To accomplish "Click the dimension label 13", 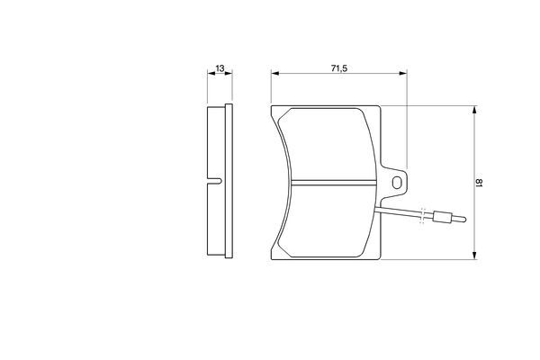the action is pyautogui.click(x=220, y=68).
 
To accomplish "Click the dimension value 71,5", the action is pyautogui.click(x=339, y=68).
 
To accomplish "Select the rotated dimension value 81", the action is pyautogui.click(x=480, y=183).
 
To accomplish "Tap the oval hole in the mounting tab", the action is pyautogui.click(x=397, y=183).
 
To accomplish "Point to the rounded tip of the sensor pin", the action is pyautogui.click(x=464, y=219).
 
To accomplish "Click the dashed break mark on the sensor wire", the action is pyautogui.click(x=423, y=216).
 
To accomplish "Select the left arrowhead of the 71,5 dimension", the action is pyautogui.click(x=274, y=73).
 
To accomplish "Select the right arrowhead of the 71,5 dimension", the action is pyautogui.click(x=402, y=73).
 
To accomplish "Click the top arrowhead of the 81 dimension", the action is pyautogui.click(x=474, y=110).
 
